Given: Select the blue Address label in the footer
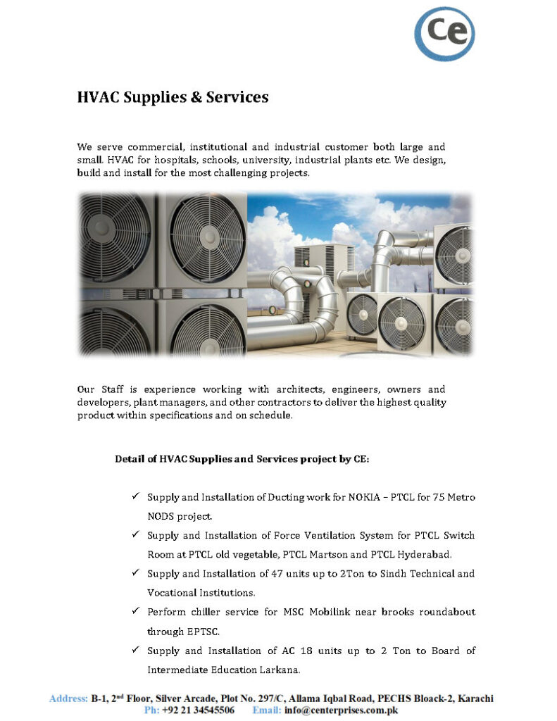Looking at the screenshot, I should click(x=68, y=698).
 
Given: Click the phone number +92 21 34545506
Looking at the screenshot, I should click(x=198, y=710).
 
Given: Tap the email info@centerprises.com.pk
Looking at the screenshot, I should click(x=342, y=710).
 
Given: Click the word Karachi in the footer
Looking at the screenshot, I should click(x=475, y=698).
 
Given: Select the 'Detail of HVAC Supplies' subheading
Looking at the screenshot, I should click(x=242, y=460).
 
